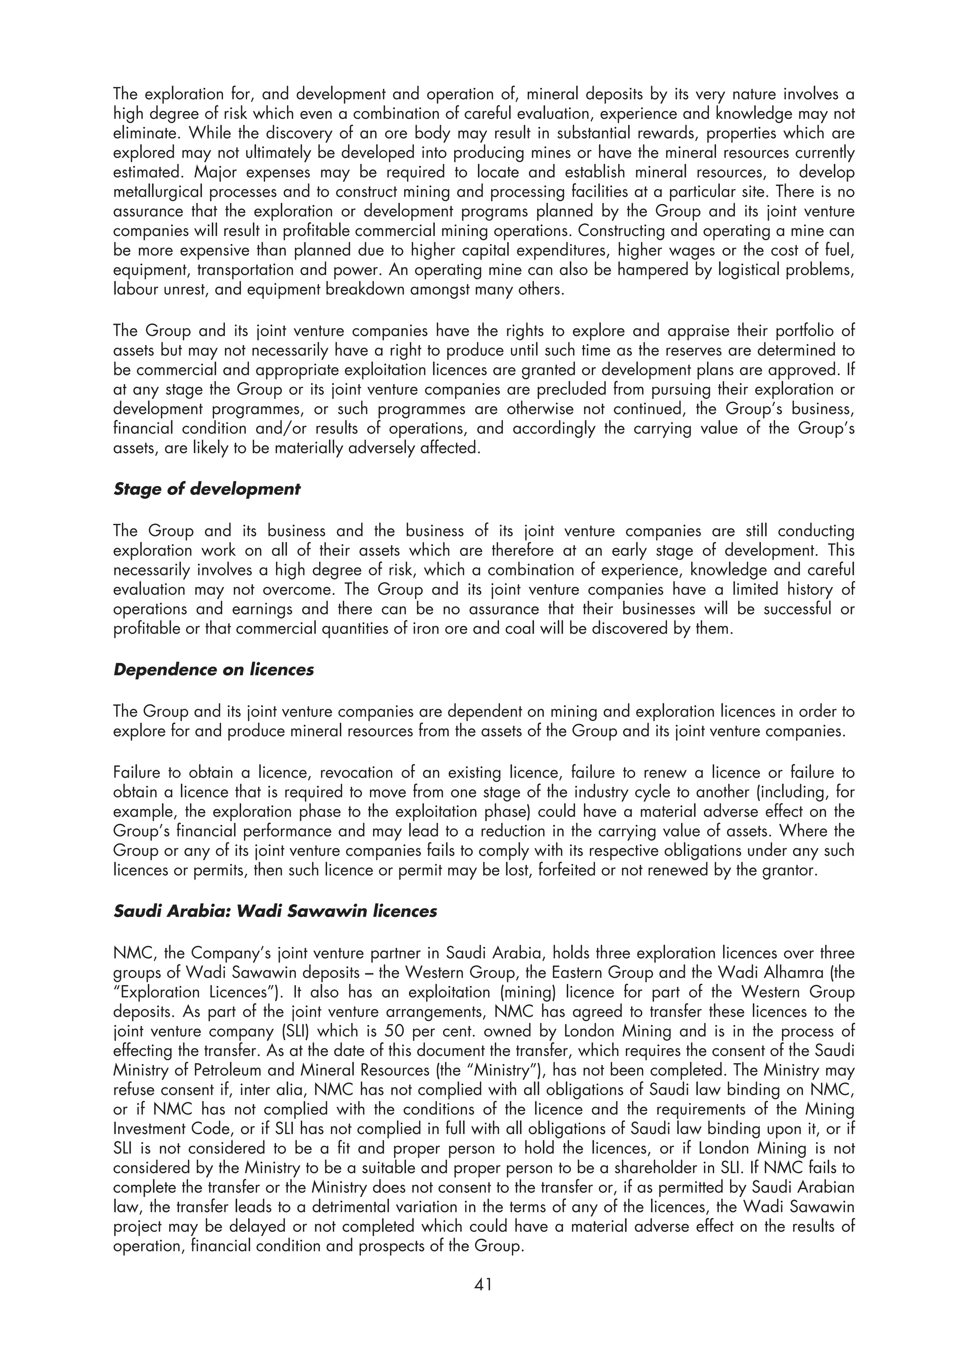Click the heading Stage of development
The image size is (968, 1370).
point(207,489)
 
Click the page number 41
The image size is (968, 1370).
point(483,1285)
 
